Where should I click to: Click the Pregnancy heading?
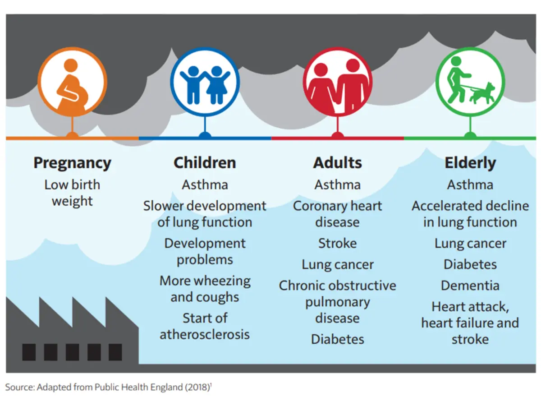pyautogui.click(x=72, y=163)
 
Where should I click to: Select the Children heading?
pyautogui.click(x=205, y=163)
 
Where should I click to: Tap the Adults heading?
pyautogui.click(x=337, y=163)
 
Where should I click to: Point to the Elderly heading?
pyautogui.click(x=470, y=163)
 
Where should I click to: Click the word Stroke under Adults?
pyautogui.click(x=337, y=243)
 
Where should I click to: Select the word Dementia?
pyautogui.click(x=470, y=286)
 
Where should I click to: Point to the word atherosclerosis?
pyautogui.click(x=205, y=334)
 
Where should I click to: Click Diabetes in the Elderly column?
pyautogui.click(x=470, y=264)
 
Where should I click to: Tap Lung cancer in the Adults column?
pyautogui.click(x=337, y=264)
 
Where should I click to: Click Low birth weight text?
pyautogui.click(x=72, y=193)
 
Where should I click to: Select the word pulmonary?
pyautogui.click(x=337, y=302)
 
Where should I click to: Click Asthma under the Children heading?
pyautogui.click(x=205, y=185)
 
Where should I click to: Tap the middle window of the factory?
pyautogui.click(x=72, y=352)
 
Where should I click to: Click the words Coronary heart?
pyautogui.click(x=337, y=206)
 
